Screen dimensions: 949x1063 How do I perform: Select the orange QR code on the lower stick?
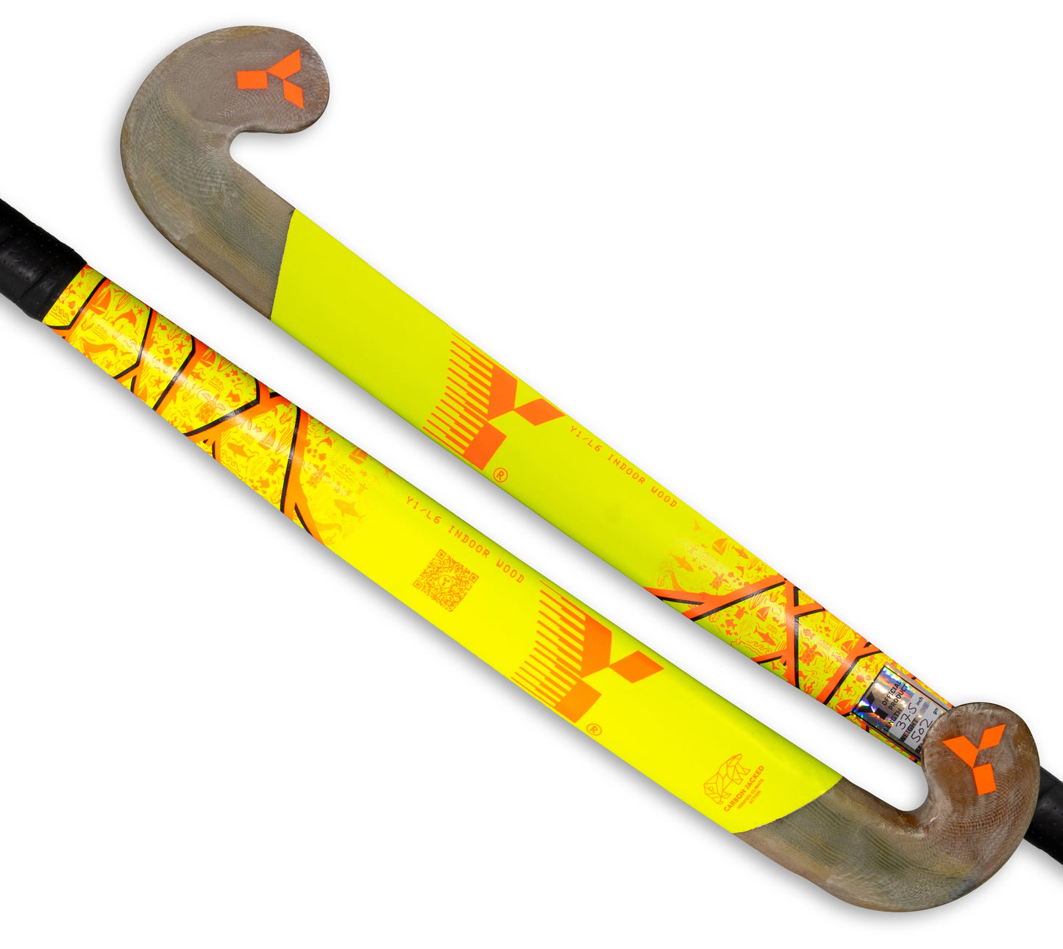coord(445,581)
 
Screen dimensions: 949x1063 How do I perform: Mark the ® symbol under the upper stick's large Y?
coord(499,474)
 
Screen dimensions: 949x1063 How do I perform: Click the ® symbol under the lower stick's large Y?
coord(594,729)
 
